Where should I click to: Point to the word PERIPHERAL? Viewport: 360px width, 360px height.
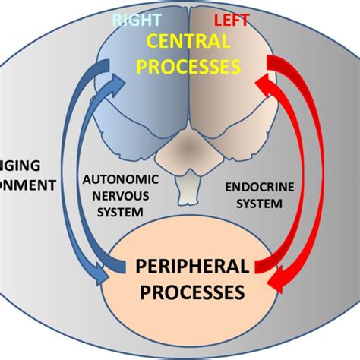[x=192, y=267]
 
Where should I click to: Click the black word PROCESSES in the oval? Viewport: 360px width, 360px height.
[x=192, y=291]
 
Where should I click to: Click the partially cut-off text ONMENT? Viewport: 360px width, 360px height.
[x=27, y=184]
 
